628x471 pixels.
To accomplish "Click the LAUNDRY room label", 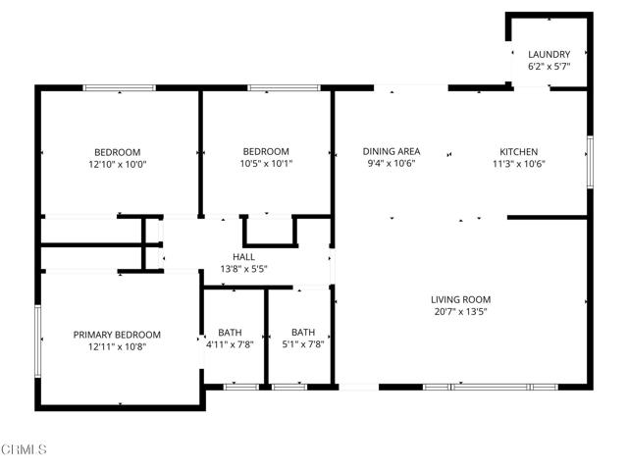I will point(549,54).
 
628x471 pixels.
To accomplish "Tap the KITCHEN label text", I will point(519,151).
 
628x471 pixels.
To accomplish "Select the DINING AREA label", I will point(392,151).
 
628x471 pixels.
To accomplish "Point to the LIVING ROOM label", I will point(460,299).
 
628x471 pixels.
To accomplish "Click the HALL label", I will point(243,256).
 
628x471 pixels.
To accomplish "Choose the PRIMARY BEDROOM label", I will point(117,335).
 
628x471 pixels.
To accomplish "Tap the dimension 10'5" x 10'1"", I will point(267,164).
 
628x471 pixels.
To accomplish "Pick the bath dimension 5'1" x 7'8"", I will point(302,343).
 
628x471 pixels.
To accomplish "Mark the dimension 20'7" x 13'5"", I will point(460,312).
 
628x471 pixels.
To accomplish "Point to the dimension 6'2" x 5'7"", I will point(549,67).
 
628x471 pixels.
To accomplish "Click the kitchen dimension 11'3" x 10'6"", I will point(519,164).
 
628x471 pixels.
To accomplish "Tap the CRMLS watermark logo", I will point(25,450).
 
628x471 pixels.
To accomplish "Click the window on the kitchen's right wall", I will point(590,162).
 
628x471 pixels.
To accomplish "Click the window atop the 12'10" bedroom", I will point(119,88).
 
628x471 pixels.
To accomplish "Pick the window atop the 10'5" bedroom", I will point(275,88).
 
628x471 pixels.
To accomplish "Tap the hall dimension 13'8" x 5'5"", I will point(243,268).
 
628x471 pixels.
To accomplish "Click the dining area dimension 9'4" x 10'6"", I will point(392,164).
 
